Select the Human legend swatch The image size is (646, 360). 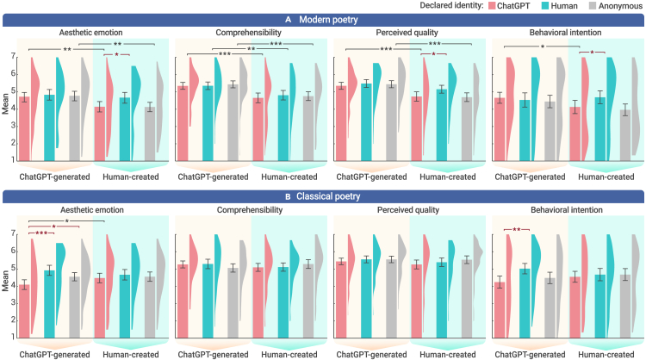525,7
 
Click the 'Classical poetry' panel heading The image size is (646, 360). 324,196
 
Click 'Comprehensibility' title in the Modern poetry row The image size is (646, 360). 249,33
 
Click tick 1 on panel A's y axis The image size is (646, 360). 13,160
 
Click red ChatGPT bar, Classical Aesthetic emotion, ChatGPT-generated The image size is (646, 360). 25,312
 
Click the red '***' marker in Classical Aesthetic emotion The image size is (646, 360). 40,233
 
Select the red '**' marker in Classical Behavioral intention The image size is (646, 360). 515,229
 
